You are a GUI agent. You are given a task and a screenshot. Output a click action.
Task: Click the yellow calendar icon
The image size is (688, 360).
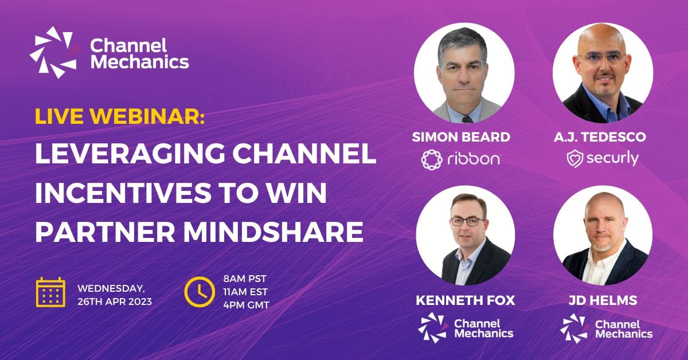tap(50, 292)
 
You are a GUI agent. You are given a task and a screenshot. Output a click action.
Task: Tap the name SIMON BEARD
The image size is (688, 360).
tap(461, 137)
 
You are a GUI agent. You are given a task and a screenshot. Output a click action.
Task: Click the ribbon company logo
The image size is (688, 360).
tap(460, 159)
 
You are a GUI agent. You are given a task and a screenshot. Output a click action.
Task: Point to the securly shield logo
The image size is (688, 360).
tap(575, 159)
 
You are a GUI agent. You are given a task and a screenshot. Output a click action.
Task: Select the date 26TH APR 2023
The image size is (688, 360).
tap(114, 302)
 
